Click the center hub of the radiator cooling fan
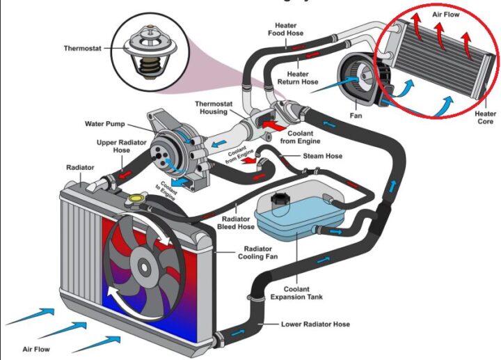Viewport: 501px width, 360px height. [144, 266]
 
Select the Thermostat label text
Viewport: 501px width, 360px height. [82, 49]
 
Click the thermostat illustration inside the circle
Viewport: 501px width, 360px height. [150, 52]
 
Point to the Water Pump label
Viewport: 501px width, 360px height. [105, 124]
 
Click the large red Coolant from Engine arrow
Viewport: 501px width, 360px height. [274, 125]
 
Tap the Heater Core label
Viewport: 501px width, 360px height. [486, 118]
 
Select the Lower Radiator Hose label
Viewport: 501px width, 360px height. [315, 324]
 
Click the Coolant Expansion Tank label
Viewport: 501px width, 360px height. [296, 293]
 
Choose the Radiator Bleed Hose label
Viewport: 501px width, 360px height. [236, 223]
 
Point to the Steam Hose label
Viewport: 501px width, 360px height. [322, 156]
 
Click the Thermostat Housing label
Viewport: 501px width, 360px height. [214, 108]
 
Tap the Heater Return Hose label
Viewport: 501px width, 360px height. [298, 78]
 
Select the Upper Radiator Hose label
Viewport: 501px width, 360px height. [121, 146]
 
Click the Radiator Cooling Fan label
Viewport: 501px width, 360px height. [258, 253]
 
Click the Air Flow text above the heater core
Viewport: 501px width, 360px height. [446, 15]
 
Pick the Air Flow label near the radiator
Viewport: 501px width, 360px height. [36, 350]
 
